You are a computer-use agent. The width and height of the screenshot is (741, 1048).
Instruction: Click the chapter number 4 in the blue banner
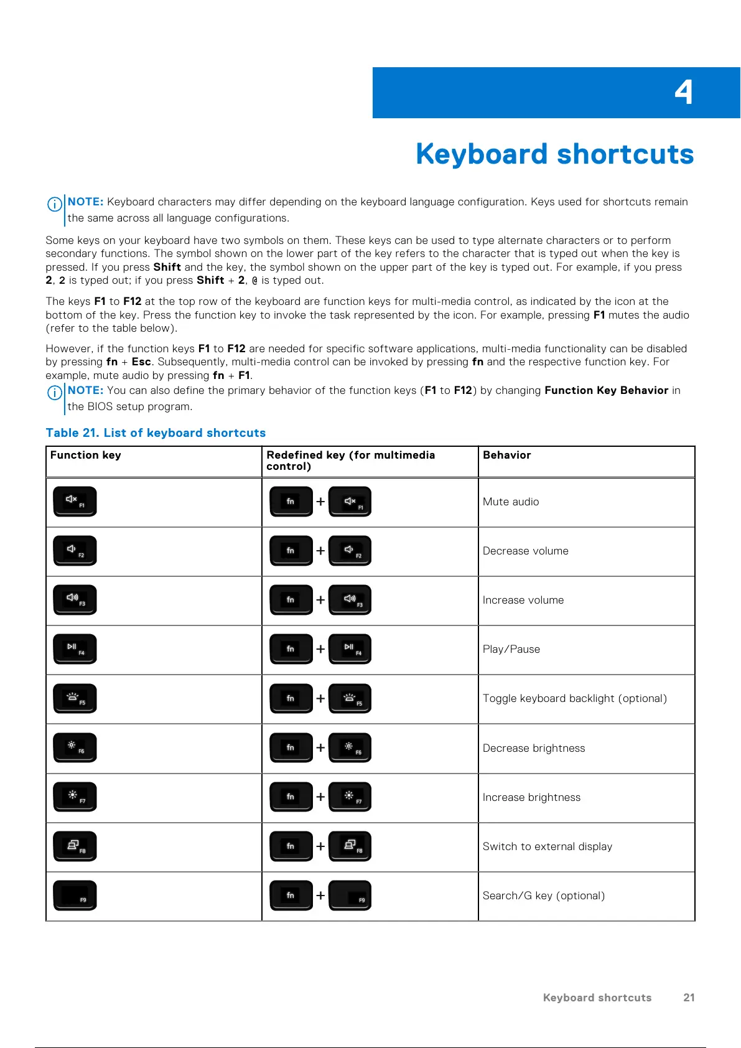click(683, 93)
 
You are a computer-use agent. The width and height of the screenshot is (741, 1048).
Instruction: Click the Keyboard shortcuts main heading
click(554, 154)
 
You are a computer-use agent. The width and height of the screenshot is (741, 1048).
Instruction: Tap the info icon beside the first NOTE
click(55, 204)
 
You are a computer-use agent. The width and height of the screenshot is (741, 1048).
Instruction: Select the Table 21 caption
click(156, 433)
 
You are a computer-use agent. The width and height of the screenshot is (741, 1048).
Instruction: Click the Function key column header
click(86, 455)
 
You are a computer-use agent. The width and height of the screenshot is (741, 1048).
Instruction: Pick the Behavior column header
click(506, 455)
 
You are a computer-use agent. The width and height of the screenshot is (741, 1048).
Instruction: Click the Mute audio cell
click(511, 502)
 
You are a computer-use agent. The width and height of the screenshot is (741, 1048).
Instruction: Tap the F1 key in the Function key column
click(75, 502)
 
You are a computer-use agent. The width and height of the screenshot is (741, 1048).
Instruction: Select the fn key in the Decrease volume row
click(291, 551)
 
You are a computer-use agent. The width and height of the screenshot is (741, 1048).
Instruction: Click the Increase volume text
click(523, 600)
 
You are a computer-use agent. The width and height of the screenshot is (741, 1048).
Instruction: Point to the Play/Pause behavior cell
click(511, 649)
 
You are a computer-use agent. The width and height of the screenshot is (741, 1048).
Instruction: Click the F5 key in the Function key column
click(75, 698)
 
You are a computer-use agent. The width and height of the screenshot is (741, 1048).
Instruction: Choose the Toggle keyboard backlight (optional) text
click(574, 698)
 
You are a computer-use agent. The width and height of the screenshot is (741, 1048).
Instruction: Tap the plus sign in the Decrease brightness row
click(320, 747)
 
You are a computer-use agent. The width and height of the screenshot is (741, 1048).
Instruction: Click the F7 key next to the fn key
click(350, 797)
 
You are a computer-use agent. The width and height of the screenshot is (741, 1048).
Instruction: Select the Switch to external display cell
click(548, 846)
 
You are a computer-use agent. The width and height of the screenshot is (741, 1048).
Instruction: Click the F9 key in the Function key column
click(75, 896)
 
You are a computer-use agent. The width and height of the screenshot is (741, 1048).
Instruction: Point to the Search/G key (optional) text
click(544, 896)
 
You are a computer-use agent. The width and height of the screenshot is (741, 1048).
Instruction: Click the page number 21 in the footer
click(689, 998)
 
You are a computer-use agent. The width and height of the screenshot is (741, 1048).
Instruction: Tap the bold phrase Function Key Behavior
click(606, 390)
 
